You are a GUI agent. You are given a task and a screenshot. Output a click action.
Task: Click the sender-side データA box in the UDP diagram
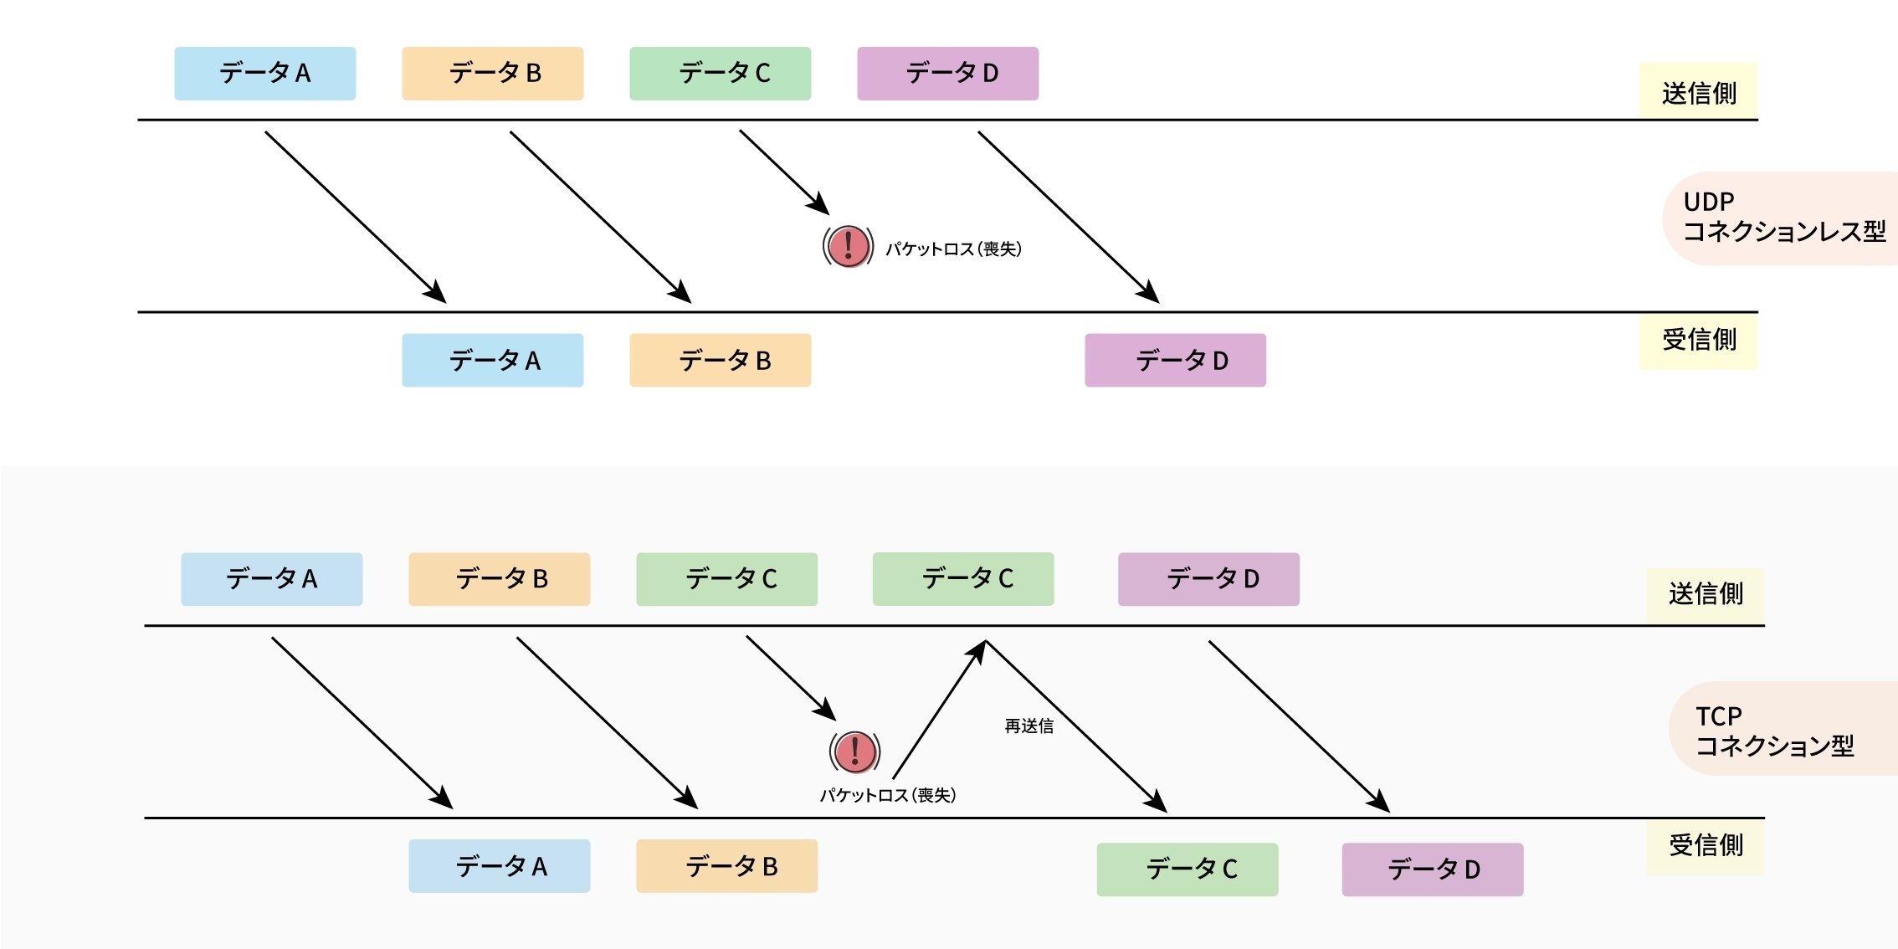coord(264,74)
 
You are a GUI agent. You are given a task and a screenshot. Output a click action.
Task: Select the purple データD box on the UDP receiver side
coord(1175,361)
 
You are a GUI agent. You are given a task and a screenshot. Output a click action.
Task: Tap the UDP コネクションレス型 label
coord(1783,218)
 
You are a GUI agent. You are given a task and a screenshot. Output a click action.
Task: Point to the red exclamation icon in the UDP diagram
coord(848,246)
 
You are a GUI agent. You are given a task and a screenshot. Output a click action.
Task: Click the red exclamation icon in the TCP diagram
coord(854,752)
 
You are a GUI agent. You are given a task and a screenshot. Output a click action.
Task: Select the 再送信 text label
coord(1029,726)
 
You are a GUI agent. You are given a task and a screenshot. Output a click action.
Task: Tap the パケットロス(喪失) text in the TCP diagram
coord(887,795)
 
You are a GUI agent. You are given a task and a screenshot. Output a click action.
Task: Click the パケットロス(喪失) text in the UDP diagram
coord(953,249)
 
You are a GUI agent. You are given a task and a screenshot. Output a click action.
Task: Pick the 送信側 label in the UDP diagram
coord(1698,92)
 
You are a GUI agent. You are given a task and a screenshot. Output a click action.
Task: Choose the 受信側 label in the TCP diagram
coord(1705,845)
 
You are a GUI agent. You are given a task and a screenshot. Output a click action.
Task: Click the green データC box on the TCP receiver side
coord(1187,869)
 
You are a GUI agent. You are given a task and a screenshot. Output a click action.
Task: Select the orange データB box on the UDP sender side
coord(492,74)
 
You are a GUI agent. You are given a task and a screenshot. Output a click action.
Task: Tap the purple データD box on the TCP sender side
coord(1208,579)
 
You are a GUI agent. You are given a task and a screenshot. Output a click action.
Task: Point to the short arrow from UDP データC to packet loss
coord(784,172)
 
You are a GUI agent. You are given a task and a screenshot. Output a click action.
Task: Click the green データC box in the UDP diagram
coord(720,74)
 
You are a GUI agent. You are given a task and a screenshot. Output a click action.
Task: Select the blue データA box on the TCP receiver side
coord(499,866)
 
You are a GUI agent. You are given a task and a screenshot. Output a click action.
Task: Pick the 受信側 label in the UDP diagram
coord(1698,340)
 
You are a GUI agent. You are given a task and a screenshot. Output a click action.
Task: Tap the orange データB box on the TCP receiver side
coord(726,866)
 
